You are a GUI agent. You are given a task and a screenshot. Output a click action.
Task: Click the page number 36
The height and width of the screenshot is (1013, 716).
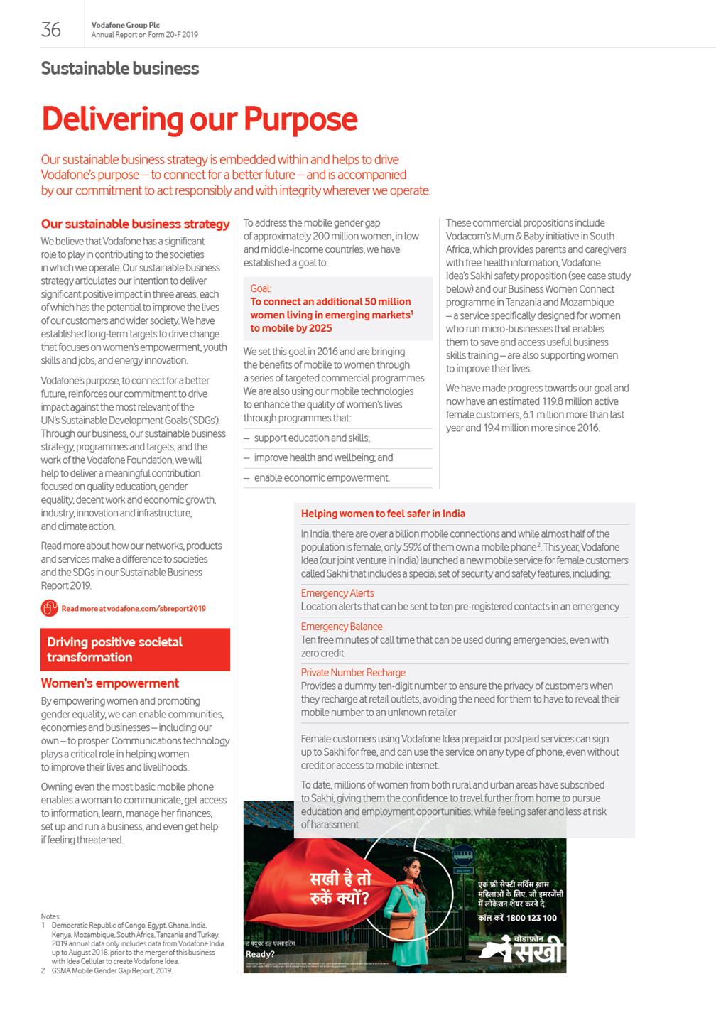pyautogui.click(x=51, y=29)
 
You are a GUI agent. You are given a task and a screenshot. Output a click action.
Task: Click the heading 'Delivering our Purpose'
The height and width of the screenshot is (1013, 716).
pyautogui.click(x=200, y=119)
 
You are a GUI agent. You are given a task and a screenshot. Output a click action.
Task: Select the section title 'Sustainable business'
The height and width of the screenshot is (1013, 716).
pyautogui.click(x=120, y=69)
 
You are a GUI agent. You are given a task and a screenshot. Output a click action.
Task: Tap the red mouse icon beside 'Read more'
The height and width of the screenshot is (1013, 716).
pyautogui.click(x=48, y=608)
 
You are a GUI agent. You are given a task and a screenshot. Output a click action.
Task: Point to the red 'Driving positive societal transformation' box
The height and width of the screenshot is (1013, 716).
pyautogui.click(x=135, y=649)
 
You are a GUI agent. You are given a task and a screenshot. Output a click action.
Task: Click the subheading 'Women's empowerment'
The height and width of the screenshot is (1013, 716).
pyautogui.click(x=110, y=683)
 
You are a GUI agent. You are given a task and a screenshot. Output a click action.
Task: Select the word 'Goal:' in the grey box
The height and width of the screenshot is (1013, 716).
pyautogui.click(x=261, y=288)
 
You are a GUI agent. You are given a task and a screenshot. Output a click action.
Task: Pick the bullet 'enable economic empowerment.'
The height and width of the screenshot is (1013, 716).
pyautogui.click(x=322, y=478)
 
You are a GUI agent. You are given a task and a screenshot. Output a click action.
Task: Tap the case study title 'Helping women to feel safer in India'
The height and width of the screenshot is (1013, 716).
pyautogui.click(x=383, y=514)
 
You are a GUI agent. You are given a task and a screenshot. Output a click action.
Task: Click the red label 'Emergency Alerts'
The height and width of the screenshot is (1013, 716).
pyautogui.click(x=337, y=593)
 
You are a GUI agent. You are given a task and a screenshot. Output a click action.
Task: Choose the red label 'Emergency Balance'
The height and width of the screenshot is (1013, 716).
pyautogui.click(x=342, y=627)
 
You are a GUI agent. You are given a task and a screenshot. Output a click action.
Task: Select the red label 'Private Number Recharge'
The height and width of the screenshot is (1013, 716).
pyautogui.click(x=353, y=673)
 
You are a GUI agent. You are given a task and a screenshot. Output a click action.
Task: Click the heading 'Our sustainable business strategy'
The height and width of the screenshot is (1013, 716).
pyautogui.click(x=135, y=224)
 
